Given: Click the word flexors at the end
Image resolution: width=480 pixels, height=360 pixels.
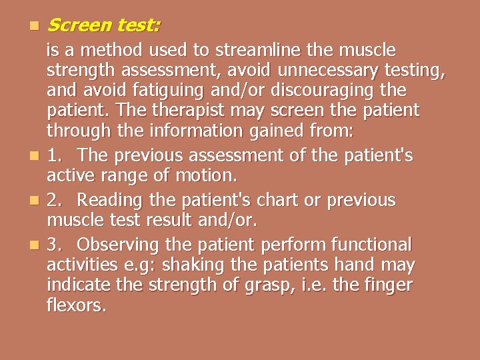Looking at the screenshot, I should tap(77, 307).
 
